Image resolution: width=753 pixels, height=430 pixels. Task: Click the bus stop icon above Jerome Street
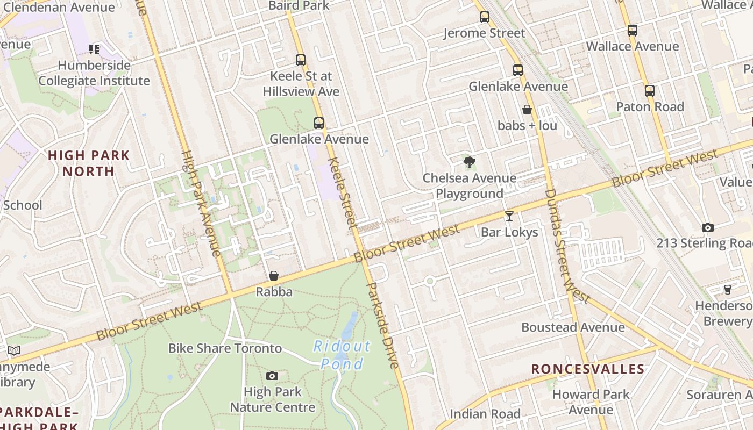pyautogui.click(x=485, y=17)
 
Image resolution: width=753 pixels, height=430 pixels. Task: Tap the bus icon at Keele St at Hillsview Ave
pyautogui.click(x=301, y=60)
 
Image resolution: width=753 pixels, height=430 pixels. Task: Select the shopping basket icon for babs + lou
pyautogui.click(x=527, y=110)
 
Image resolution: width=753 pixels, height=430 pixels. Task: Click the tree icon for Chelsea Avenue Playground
pyautogui.click(x=469, y=162)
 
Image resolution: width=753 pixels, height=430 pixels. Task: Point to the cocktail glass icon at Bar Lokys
pyautogui.click(x=509, y=216)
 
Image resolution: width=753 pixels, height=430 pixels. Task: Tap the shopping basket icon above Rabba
pyautogui.click(x=274, y=276)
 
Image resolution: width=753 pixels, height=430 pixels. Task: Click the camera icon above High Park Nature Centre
pyautogui.click(x=272, y=376)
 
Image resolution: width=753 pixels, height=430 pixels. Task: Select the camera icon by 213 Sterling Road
pyautogui.click(x=708, y=227)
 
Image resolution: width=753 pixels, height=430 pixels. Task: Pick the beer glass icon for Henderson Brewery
pyautogui.click(x=728, y=290)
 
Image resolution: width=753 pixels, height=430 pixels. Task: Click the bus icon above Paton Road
pyautogui.click(x=650, y=90)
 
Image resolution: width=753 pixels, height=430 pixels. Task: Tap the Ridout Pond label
pyautogui.click(x=342, y=355)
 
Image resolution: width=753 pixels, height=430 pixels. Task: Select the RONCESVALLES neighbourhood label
pyautogui.click(x=587, y=369)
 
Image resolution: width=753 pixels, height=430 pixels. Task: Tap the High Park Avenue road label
pyautogui.click(x=201, y=203)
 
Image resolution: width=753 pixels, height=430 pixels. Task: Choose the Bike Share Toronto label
pyautogui.click(x=225, y=348)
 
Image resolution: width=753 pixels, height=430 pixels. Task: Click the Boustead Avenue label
pyautogui.click(x=573, y=327)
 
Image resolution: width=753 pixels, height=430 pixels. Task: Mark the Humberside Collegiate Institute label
pyautogui.click(x=94, y=73)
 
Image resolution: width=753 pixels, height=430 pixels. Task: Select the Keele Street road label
pyautogui.click(x=343, y=192)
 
